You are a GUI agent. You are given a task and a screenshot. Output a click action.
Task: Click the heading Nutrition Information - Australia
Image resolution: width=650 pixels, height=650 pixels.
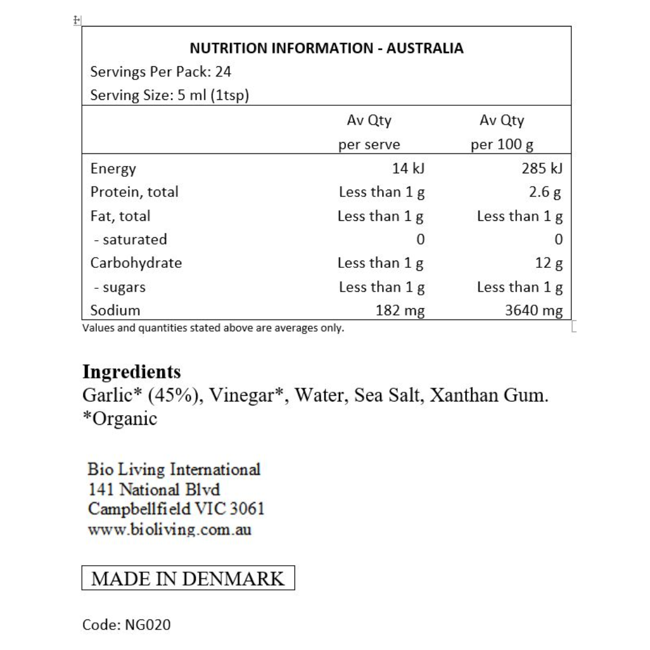click(326, 48)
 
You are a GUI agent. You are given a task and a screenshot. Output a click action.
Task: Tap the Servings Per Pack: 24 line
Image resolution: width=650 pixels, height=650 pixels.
click(161, 72)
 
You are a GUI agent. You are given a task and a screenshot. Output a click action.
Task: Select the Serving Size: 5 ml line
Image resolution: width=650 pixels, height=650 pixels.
click(169, 96)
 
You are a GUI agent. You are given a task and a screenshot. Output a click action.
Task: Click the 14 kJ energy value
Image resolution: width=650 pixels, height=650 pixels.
click(408, 169)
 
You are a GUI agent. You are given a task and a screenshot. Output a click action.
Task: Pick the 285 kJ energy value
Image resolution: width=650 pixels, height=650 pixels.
click(542, 169)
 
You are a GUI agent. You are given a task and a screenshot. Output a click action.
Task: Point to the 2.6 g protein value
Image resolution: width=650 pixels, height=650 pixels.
click(548, 193)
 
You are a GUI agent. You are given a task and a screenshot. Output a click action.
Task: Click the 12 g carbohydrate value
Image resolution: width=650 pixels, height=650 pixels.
click(550, 263)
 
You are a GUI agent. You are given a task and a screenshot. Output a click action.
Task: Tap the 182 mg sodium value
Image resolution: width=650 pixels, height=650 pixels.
click(399, 311)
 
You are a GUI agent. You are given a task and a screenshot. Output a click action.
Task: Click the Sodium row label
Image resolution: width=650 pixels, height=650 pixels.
click(115, 311)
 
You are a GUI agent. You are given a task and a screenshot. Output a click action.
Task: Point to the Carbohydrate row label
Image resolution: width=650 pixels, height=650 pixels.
click(135, 263)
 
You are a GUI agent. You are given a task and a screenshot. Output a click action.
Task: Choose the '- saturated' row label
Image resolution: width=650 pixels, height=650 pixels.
click(131, 240)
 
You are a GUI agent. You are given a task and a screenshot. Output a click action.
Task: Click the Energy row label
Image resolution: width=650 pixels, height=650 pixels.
click(113, 169)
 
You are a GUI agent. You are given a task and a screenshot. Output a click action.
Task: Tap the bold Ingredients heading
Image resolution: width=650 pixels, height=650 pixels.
click(131, 371)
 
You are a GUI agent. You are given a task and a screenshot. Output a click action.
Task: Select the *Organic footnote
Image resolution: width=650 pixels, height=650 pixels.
click(119, 418)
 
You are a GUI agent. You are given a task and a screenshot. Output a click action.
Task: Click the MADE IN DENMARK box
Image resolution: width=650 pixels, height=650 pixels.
click(188, 578)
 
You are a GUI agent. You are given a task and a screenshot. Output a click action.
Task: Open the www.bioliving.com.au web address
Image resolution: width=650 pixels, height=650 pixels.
click(169, 530)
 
